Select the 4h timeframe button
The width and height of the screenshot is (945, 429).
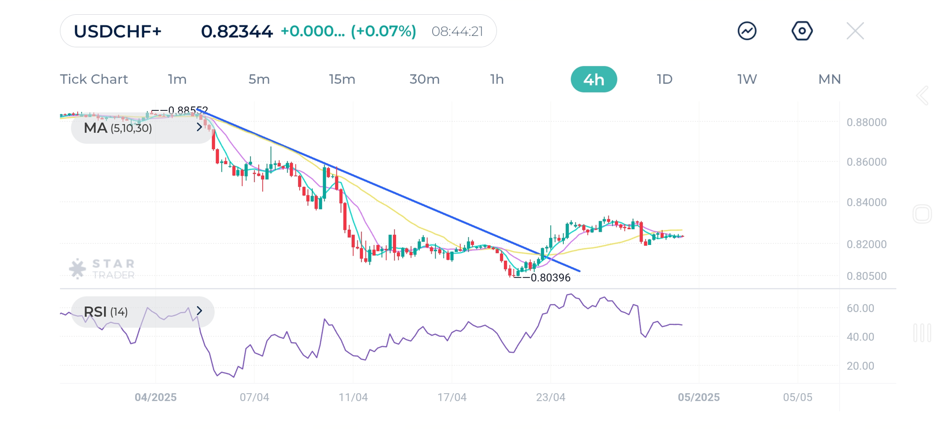593,80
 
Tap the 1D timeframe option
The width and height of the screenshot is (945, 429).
664,80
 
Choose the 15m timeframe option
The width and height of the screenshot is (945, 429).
342,80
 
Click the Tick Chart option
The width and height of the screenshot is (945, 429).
94,80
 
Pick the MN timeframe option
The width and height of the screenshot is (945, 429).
829,80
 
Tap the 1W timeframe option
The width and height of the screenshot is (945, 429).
747,80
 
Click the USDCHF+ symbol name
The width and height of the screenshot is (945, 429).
117,31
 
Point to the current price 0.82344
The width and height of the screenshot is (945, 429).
237,31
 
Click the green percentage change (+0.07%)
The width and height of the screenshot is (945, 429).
383,31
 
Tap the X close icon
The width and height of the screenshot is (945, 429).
855,31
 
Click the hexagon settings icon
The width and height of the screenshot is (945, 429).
802,31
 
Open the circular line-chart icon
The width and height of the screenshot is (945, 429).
747,31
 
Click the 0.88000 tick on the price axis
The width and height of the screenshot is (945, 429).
866,122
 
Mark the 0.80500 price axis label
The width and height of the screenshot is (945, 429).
866,276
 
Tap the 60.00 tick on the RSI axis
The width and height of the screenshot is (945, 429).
860,308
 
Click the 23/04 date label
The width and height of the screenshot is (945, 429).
551,398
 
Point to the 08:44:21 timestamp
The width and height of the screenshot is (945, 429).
457,31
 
